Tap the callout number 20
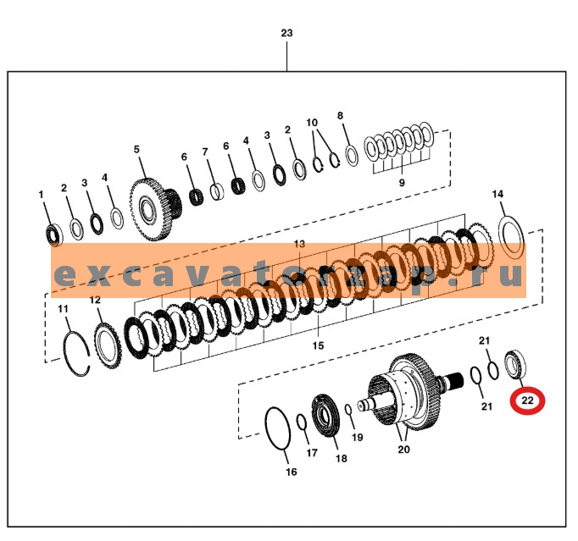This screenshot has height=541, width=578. [403, 449]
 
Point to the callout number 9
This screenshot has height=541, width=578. [401, 182]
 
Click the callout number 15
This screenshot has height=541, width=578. [318, 345]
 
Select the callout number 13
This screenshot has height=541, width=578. [298, 244]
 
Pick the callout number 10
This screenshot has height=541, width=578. [312, 123]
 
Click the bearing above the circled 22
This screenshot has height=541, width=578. [514, 362]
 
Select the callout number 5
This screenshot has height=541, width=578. [136, 150]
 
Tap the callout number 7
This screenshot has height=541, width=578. [204, 152]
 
